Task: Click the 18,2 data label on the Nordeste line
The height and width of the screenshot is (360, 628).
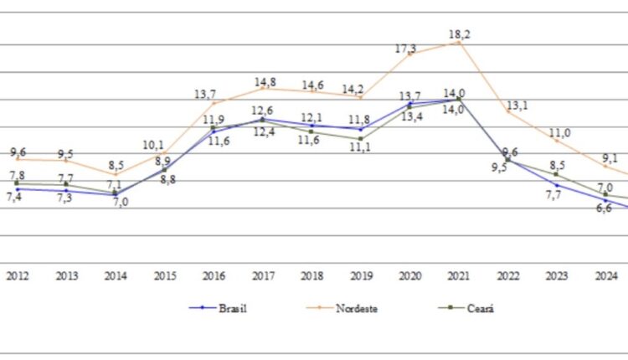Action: [459, 34]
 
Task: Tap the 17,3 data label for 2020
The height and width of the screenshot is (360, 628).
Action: [406, 49]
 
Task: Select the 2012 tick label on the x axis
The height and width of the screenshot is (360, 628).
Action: [17, 275]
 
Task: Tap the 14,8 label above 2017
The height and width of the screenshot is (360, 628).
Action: [265, 82]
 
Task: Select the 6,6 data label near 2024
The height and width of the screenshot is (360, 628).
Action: [604, 208]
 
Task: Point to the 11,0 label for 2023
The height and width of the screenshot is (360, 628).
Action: [559, 133]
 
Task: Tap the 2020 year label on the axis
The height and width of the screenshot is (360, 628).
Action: [410, 275]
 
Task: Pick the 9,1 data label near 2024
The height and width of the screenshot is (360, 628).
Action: [610, 157]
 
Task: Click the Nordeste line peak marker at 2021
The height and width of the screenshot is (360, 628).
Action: [459, 42]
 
